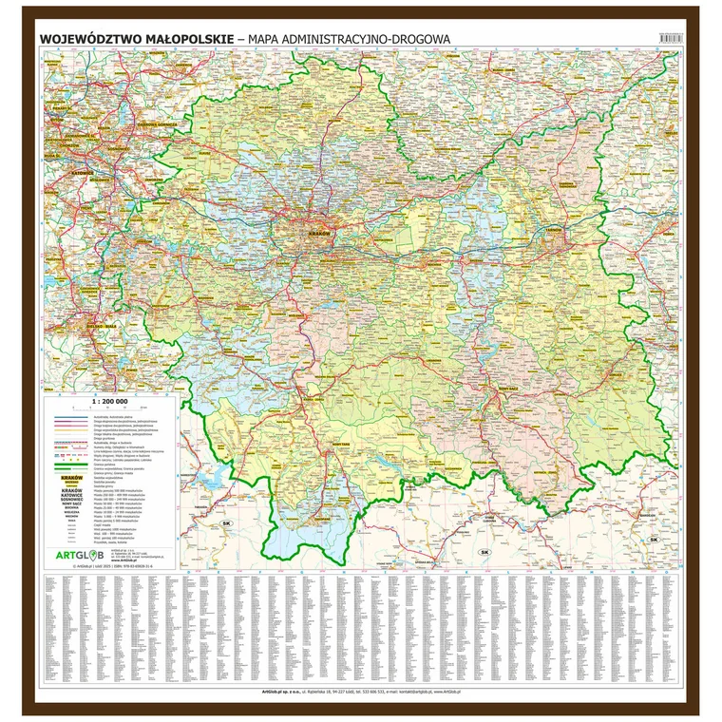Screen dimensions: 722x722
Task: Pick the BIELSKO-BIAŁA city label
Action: [x=71, y=325]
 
